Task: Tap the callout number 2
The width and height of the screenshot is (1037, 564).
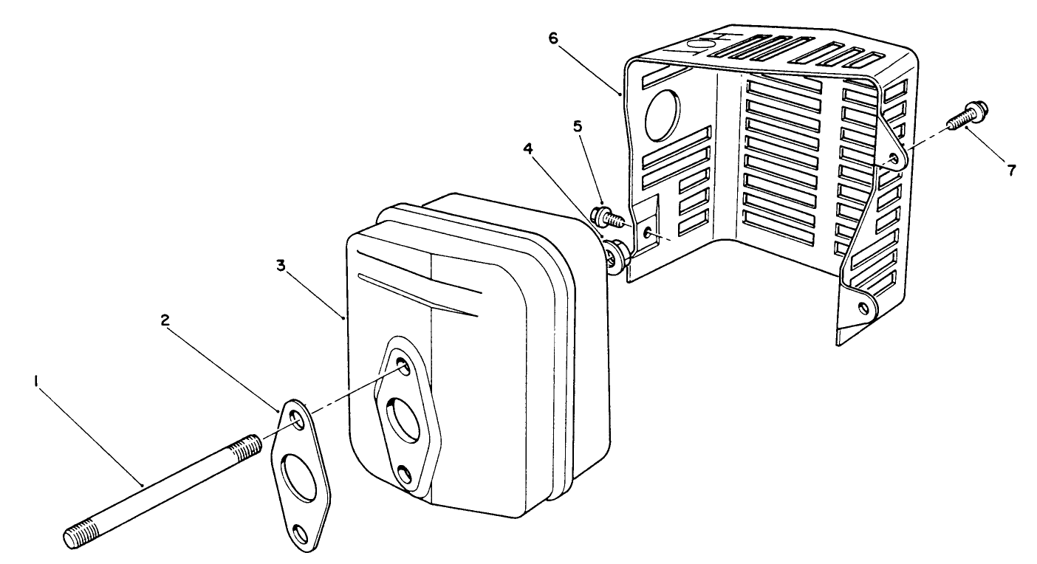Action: [165, 320]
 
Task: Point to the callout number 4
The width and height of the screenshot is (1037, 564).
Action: [527, 148]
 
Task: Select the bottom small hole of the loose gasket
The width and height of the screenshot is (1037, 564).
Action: [300, 531]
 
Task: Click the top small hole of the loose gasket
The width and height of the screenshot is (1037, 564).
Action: [296, 420]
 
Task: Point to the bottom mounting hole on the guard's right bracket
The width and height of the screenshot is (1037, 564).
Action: [861, 307]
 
